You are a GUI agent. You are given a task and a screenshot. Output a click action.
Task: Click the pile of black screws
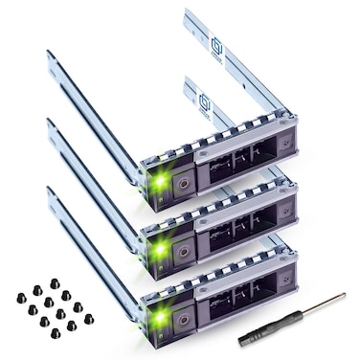click(x=52, y=312)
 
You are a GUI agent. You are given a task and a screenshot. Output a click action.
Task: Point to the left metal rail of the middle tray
click(x=91, y=182)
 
